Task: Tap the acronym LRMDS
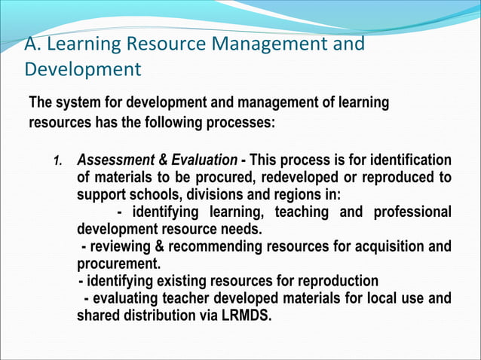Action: pyautogui.click(x=245, y=316)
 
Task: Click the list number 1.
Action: pyautogui.click(x=57, y=161)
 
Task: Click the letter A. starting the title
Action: pyautogui.click(x=32, y=45)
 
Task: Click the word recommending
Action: pyautogui.click(x=230, y=247)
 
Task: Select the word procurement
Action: pyautogui.click(x=117, y=264)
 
